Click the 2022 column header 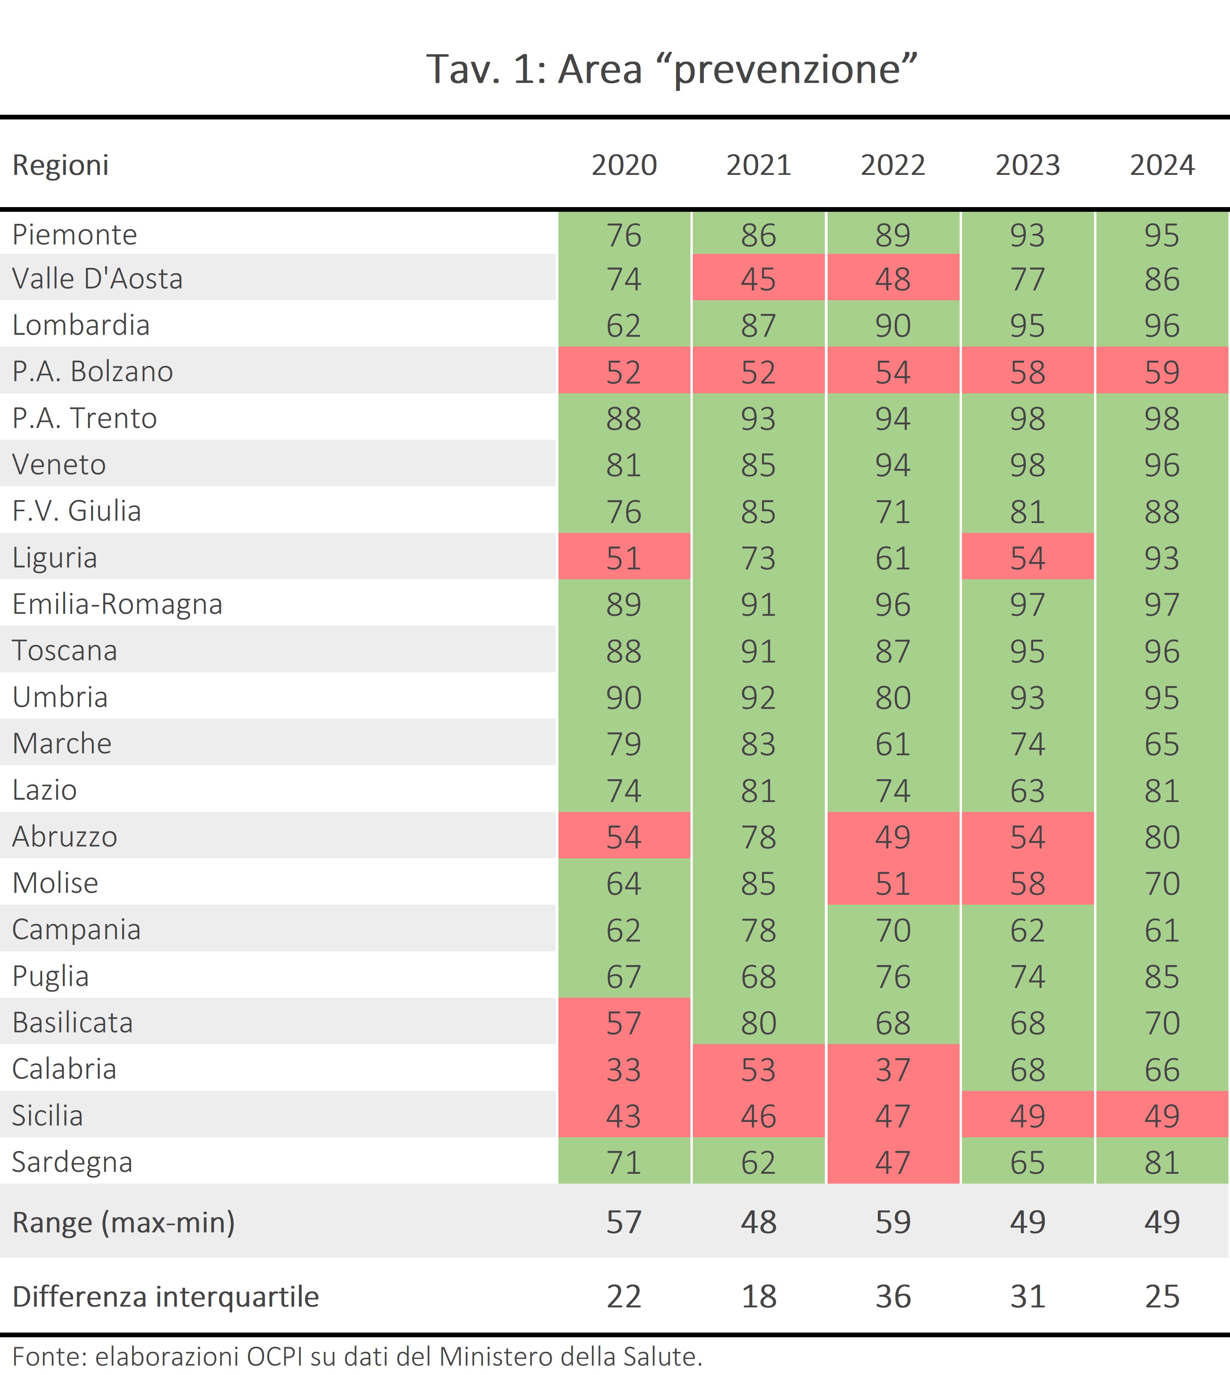[893, 165]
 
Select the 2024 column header [1162, 165]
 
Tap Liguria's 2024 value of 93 [1162, 558]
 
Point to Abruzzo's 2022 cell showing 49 [893, 837]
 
